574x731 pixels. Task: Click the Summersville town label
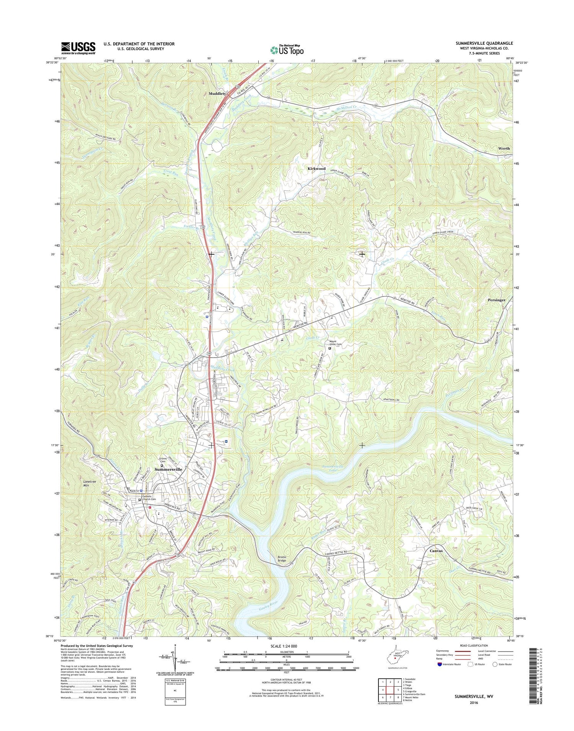[x=168, y=469]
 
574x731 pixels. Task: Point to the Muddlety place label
[x=217, y=93]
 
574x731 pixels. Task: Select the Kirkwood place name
[x=316, y=169]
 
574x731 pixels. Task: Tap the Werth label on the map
[x=504, y=148]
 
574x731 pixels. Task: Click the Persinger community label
[x=496, y=300]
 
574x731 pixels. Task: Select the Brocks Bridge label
[x=284, y=559]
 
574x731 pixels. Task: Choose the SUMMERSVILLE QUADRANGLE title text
[x=484, y=44]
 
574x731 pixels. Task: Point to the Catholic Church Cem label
[x=149, y=498]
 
